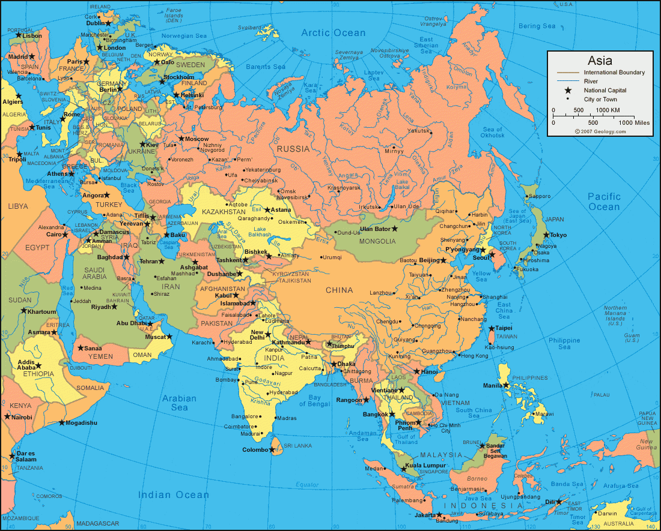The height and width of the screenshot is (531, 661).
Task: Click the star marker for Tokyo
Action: click(546, 235)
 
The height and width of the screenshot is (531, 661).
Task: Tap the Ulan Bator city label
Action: click(375, 229)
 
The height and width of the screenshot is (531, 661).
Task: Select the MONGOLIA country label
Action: click(377, 241)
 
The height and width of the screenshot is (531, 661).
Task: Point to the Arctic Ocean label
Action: click(333, 33)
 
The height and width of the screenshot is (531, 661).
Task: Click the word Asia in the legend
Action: click(600, 61)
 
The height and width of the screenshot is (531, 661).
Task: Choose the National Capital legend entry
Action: click(605, 90)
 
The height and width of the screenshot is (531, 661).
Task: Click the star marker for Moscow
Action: click(181, 139)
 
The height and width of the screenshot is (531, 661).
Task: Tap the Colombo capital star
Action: click(273, 449)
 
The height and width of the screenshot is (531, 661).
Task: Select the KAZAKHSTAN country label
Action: click(225, 212)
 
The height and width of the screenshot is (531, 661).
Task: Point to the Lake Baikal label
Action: click(402, 184)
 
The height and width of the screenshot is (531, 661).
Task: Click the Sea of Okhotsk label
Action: click(493, 133)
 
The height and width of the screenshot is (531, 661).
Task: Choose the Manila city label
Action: click(493, 385)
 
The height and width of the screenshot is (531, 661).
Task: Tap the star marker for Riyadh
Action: click(114, 307)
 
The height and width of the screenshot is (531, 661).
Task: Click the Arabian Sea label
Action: click(179, 403)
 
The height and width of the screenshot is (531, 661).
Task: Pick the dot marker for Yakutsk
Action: click(430, 130)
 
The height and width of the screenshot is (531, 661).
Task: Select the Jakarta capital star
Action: click(437, 515)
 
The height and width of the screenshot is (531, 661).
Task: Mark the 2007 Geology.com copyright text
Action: click(599, 131)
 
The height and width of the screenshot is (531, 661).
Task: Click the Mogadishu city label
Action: click(81, 423)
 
